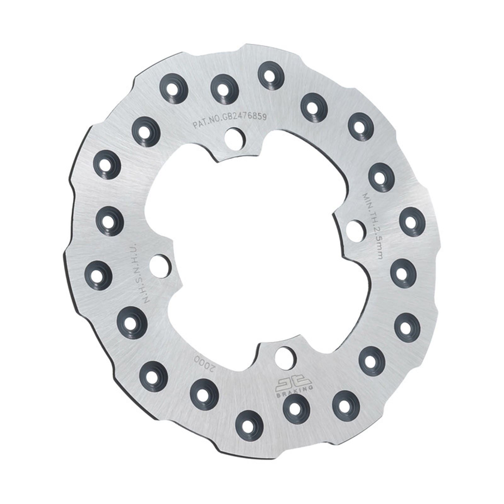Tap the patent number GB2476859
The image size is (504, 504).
[245, 117]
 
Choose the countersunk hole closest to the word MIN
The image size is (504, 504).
[381, 178]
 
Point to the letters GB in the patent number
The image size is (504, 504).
[226, 119]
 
